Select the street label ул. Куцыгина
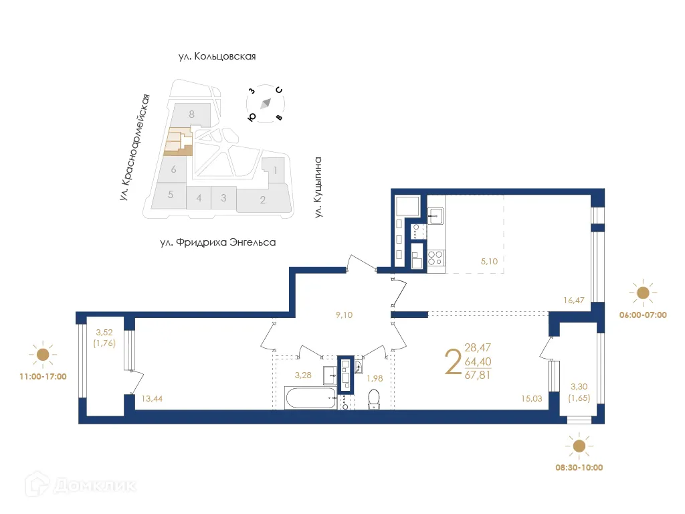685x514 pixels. click(x=319, y=187)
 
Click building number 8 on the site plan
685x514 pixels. click(x=191, y=114)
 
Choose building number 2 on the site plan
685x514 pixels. click(x=263, y=199)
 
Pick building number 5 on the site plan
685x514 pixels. click(x=171, y=195)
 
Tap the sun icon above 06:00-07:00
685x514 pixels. click(x=643, y=292)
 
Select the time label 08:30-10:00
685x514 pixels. click(x=579, y=467)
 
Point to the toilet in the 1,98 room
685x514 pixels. click(x=374, y=399)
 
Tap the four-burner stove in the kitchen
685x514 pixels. click(x=435, y=258)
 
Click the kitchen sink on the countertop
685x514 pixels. click(x=435, y=216)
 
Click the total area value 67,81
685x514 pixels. click(x=478, y=374)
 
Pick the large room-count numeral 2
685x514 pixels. click(x=453, y=362)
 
